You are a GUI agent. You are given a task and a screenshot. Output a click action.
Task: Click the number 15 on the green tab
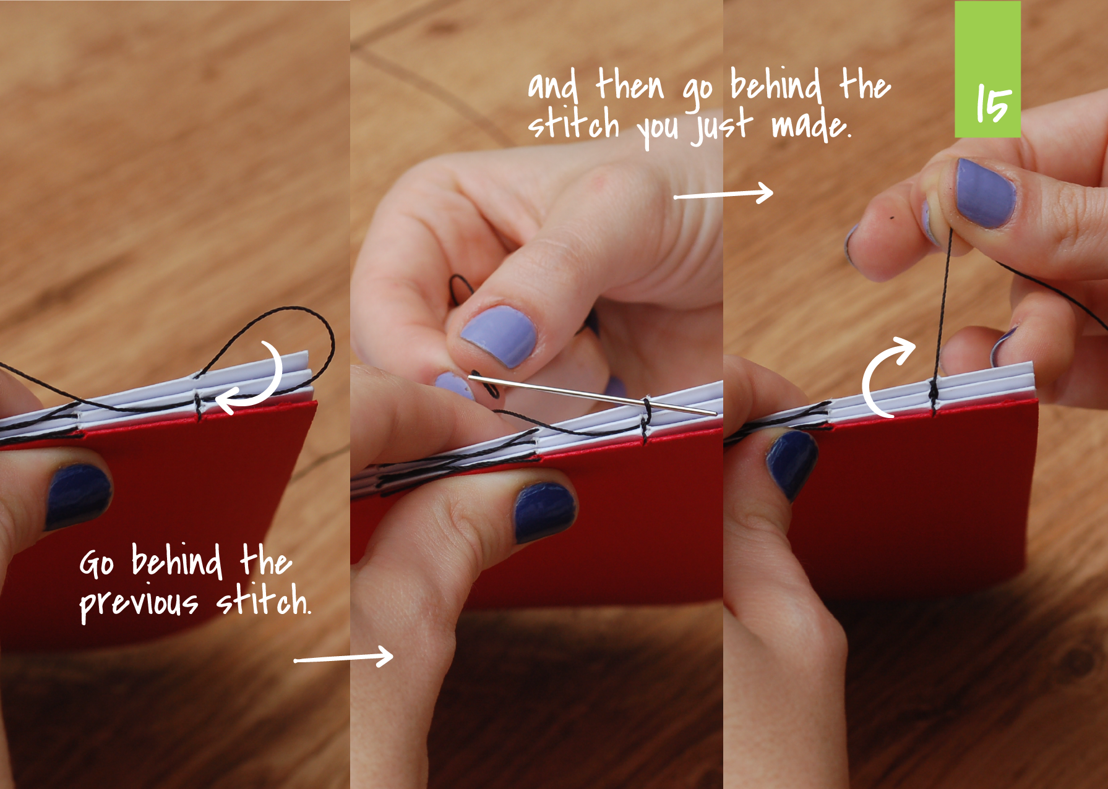tap(993, 104)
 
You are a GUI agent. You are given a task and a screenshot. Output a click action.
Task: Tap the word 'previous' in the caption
tap(139, 602)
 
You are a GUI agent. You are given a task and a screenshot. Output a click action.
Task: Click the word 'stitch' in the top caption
tap(573, 124)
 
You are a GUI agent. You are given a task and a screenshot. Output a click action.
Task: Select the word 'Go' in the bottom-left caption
tap(97, 563)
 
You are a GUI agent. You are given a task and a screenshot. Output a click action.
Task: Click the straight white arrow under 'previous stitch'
tap(343, 657)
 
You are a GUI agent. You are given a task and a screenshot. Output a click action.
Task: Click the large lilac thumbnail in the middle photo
tap(499, 336)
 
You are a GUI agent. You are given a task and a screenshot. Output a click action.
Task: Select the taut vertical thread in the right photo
tap(942, 309)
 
